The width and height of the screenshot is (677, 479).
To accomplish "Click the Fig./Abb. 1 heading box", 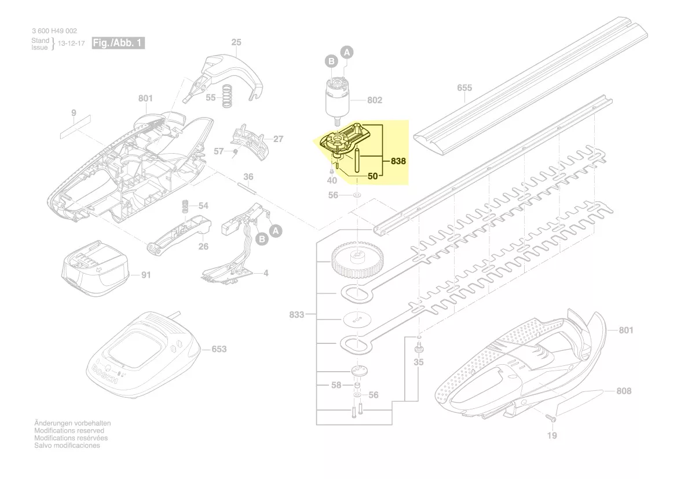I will [x=118, y=43].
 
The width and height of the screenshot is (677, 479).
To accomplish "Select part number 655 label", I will [x=464, y=88].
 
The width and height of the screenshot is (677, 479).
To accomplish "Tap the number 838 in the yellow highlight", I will [x=398, y=161].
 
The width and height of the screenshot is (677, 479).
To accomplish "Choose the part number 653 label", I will [x=219, y=349].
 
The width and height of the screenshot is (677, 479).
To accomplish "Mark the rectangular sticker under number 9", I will [x=74, y=126].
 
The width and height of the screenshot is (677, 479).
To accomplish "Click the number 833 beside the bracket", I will [x=296, y=315].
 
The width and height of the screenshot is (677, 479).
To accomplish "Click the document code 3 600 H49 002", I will [x=54, y=31].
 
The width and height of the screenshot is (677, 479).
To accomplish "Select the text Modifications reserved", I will [x=69, y=431].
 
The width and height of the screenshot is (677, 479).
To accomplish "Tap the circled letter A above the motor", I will [x=347, y=53].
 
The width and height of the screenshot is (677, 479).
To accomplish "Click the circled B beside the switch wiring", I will [x=261, y=238].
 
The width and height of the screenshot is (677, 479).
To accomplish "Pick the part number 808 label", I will [x=624, y=391].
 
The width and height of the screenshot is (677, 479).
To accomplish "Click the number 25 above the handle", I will [x=236, y=42].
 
